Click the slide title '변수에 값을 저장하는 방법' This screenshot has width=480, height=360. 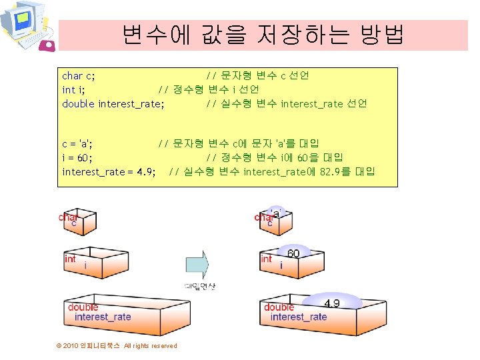coord(263,34)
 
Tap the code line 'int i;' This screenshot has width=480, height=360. coord(73,89)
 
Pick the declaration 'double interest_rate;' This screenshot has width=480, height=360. coord(113,103)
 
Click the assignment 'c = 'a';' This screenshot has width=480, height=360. coord(77,143)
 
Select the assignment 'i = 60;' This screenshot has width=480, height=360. coord(77,157)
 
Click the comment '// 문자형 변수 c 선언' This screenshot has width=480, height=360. coord(257,76)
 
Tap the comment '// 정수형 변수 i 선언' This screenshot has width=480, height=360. coord(208,89)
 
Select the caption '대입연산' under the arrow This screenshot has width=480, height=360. coord(200,286)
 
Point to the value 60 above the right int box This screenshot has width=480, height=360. coord(293,253)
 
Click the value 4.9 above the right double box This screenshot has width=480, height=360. coord(331,303)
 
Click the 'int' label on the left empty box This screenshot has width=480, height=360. coord(70,259)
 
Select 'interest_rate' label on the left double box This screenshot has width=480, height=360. coord(103,317)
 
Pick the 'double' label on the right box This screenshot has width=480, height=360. coord(279,307)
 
